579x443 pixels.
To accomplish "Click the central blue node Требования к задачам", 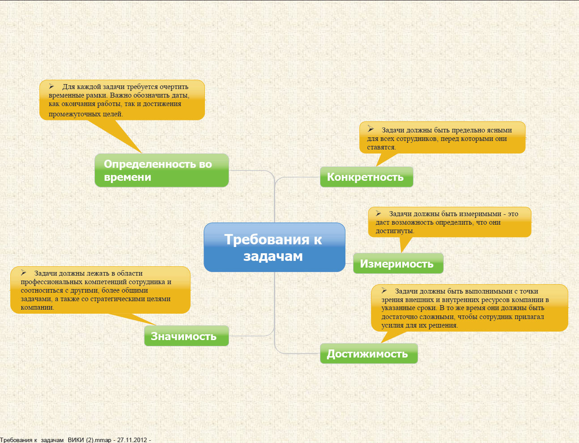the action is coord(274,247).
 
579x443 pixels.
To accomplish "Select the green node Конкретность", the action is coord(366,177).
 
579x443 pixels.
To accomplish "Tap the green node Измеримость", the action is coord(398,263).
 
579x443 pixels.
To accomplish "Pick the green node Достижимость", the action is coord(369,354).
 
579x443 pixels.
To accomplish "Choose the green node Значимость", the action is coord(187,336).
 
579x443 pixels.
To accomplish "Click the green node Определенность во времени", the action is coord(162,170).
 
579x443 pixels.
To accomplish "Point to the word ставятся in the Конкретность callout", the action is coord(381,147).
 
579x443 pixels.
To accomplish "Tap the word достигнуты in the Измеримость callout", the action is coord(395,231).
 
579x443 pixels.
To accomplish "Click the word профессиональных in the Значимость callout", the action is coord(51,282).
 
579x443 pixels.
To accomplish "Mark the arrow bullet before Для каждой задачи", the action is coord(51,86).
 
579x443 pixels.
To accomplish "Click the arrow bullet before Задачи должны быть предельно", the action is coord(370,129).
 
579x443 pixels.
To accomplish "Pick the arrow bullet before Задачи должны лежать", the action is coord(23,273).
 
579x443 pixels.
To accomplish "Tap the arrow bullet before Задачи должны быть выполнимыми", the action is coord(384,290).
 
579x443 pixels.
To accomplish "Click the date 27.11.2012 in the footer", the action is coord(132,440).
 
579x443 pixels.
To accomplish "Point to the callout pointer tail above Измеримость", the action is coord(405,245).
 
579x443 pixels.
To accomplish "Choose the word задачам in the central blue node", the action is coord(273,256).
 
